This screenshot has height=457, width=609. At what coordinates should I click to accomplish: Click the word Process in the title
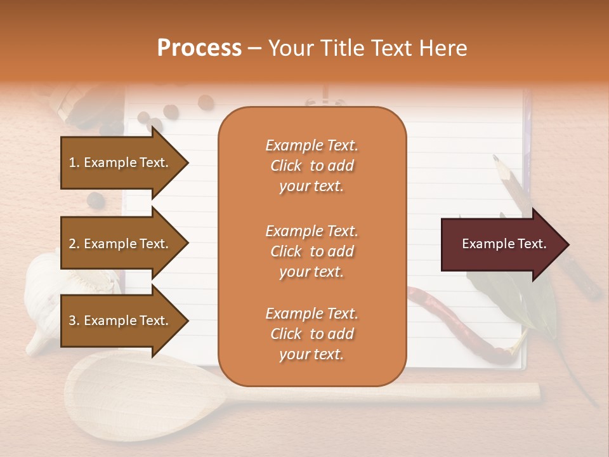[x=199, y=48]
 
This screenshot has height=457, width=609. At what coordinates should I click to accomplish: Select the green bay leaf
[x=507, y=298]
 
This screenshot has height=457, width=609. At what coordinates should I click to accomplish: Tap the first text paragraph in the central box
[x=311, y=166]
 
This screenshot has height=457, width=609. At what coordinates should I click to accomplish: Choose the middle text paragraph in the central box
[x=311, y=251]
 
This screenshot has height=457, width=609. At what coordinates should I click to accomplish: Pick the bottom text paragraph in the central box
[x=311, y=334]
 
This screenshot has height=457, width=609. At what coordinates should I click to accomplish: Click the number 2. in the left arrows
[x=74, y=244]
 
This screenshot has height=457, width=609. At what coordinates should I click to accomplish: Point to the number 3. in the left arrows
[x=74, y=321]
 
